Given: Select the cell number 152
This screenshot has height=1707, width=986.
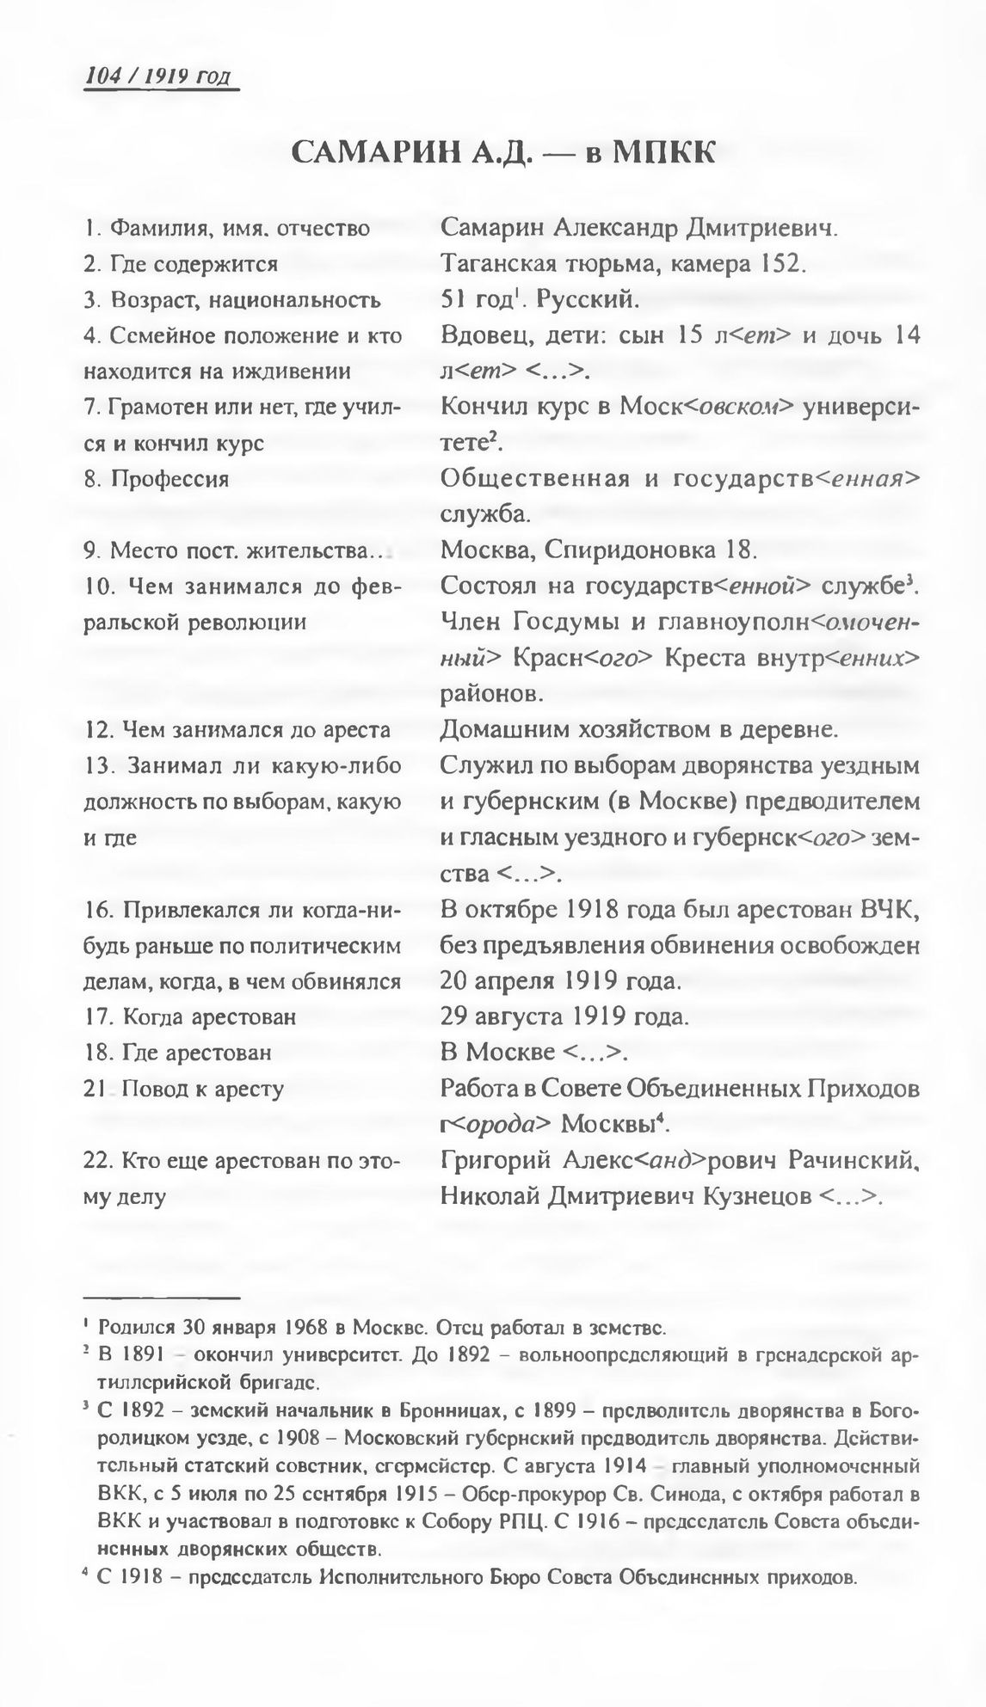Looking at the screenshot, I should coord(780,263).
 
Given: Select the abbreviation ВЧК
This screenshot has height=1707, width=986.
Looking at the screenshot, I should coord(888,908).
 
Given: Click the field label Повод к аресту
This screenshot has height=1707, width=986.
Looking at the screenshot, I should coord(203,1089).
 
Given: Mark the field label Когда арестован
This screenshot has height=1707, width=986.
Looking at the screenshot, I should coord(210,1016).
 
